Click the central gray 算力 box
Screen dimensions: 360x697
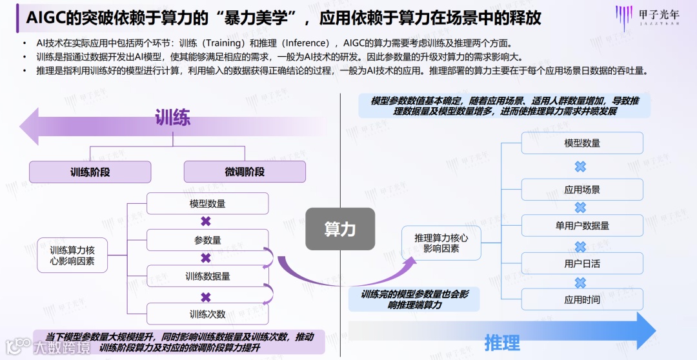point(339,229)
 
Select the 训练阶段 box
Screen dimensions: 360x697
point(90,172)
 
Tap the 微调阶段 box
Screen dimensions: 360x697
point(245,172)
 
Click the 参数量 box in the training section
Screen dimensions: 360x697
point(207,240)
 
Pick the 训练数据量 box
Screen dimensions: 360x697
point(207,276)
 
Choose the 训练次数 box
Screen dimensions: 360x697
point(207,314)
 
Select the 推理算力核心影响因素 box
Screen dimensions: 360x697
point(441,243)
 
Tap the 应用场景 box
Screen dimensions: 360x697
point(581,190)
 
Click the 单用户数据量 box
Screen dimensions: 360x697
point(581,226)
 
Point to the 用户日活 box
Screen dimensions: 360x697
point(581,263)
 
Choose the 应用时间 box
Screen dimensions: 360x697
point(581,299)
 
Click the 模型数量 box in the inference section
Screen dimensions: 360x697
point(581,143)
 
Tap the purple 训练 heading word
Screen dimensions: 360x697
point(172,118)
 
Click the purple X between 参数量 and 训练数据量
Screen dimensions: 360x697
point(206,258)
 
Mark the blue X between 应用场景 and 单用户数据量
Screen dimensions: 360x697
point(580,208)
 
